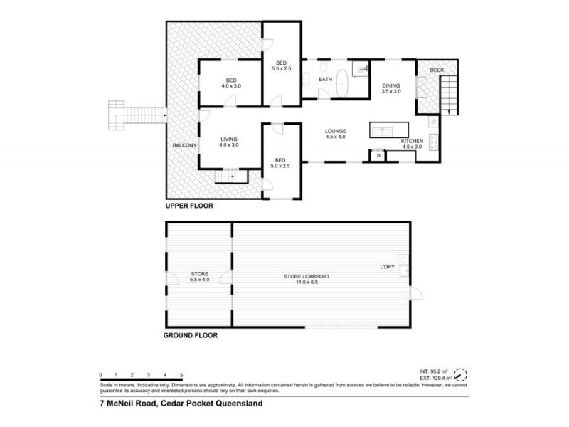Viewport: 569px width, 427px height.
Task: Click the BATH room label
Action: [326, 80]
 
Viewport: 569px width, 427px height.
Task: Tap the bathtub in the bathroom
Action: [342, 83]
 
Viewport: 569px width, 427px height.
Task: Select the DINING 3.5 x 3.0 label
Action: [391, 88]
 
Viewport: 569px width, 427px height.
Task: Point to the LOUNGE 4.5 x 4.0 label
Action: [335, 134]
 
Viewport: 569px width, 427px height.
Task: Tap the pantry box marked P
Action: [378, 156]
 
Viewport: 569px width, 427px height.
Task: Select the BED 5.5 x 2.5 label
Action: [282, 65]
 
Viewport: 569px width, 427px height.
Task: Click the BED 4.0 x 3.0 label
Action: [231, 83]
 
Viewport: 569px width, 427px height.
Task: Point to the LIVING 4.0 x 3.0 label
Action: [228, 142]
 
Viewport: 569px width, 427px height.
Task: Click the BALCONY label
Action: [184, 146]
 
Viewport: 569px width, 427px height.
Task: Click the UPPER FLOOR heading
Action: [188, 206]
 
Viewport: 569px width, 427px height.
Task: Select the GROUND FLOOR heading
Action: [190, 334]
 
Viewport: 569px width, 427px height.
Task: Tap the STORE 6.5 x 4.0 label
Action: [198, 277]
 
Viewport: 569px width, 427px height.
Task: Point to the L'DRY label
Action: [387, 267]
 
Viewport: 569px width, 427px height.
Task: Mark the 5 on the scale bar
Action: [182, 374]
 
